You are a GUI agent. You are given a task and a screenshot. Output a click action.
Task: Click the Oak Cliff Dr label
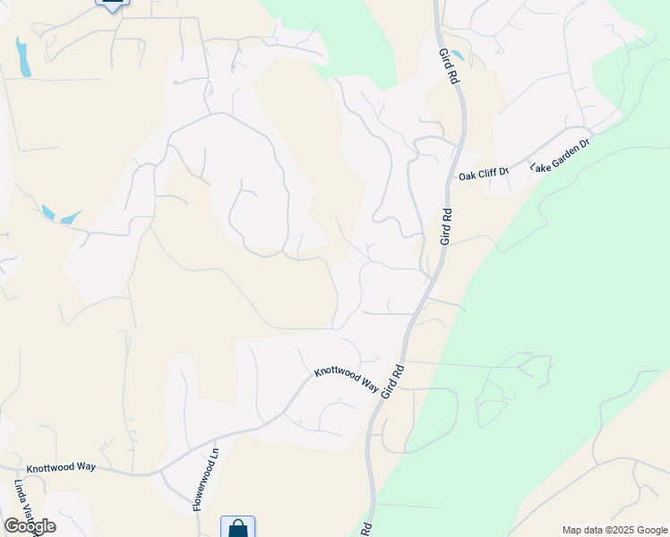click(x=483, y=175)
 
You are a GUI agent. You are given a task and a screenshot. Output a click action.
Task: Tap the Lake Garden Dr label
click(x=560, y=156)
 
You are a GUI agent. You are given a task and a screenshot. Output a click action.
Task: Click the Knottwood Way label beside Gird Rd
click(x=346, y=379)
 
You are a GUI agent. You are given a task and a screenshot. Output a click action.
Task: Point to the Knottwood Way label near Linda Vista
click(x=60, y=467)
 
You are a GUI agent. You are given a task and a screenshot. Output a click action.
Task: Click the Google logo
click(x=30, y=525)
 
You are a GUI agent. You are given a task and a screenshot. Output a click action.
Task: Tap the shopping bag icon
click(x=237, y=528)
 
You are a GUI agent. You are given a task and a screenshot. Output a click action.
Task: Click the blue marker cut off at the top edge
click(x=112, y=4)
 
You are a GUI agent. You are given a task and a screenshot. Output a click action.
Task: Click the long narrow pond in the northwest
click(x=22, y=56)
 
